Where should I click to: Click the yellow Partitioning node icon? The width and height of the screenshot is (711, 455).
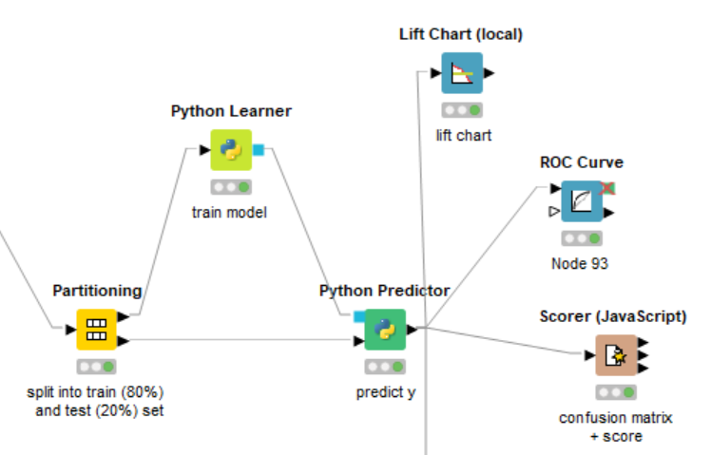pyautogui.click(x=96, y=330)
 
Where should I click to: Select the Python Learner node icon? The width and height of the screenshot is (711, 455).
pyautogui.click(x=231, y=150)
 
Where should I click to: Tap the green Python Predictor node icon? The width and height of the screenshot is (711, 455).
pyautogui.click(x=385, y=330)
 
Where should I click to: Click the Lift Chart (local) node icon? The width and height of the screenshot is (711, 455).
pyautogui.click(x=462, y=72)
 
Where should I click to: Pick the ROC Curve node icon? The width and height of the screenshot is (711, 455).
pyautogui.click(x=581, y=200)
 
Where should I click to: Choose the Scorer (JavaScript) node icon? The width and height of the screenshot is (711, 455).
pyautogui.click(x=616, y=355)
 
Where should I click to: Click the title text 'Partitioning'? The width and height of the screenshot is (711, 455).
pyautogui.click(x=97, y=291)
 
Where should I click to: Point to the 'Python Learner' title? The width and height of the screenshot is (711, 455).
pyautogui.click(x=231, y=111)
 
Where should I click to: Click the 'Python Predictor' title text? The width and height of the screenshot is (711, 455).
pyautogui.click(x=384, y=291)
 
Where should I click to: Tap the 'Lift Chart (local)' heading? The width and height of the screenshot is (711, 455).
pyautogui.click(x=461, y=34)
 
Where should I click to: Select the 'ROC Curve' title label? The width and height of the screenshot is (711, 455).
pyautogui.click(x=582, y=162)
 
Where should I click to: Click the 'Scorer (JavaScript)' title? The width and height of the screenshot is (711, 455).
pyautogui.click(x=613, y=316)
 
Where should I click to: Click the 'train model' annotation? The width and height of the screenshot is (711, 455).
pyautogui.click(x=229, y=213)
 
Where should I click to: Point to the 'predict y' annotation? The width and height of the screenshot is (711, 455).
pyautogui.click(x=385, y=391)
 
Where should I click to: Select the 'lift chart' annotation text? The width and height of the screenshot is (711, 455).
pyautogui.click(x=464, y=135)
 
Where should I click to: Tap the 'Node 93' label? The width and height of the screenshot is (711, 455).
pyautogui.click(x=580, y=263)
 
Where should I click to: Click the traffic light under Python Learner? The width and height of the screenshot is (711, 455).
pyautogui.click(x=231, y=187)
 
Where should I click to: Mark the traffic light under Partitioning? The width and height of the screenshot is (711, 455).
pyautogui.click(x=96, y=367)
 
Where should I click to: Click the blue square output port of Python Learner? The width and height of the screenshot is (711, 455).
pyautogui.click(x=259, y=149)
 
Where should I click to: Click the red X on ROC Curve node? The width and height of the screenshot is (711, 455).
pyautogui.click(x=607, y=188)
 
